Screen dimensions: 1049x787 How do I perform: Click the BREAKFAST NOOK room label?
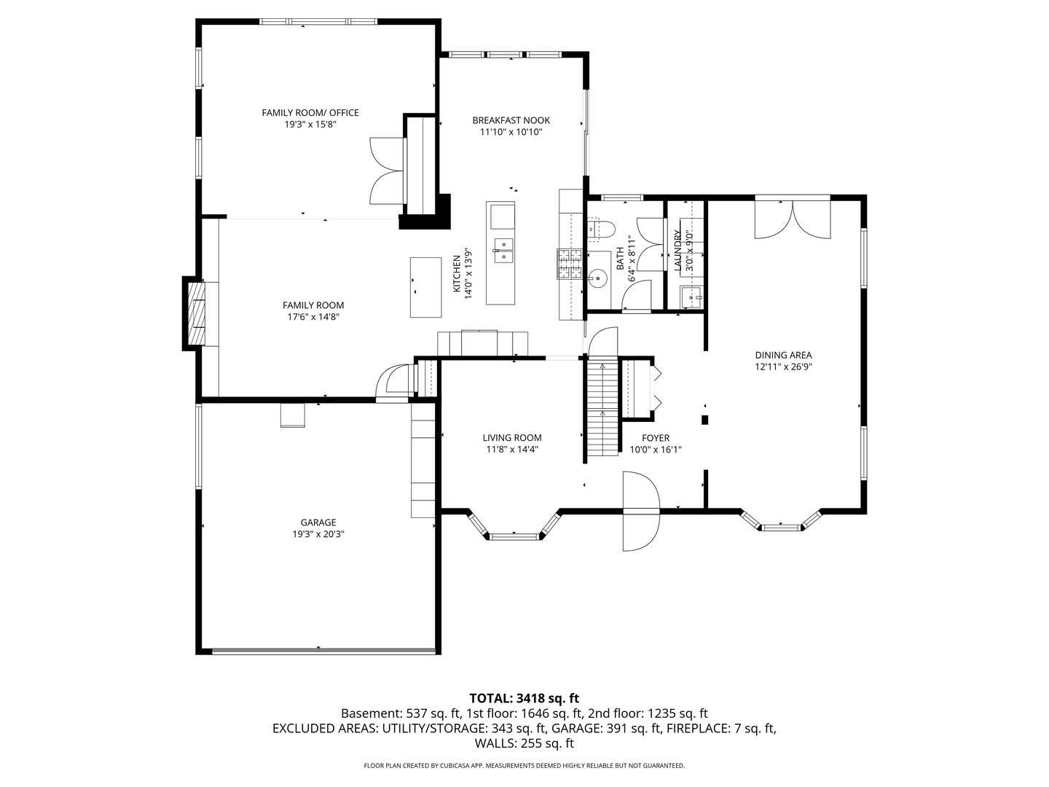tap(511, 120)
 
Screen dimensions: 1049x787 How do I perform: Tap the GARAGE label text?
tap(318, 522)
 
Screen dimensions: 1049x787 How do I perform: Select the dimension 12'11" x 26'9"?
tap(783, 367)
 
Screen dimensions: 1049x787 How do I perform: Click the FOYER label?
tap(656, 438)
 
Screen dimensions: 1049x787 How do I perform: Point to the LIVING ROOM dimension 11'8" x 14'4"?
tap(512, 449)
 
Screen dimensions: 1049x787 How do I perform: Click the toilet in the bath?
tap(600, 229)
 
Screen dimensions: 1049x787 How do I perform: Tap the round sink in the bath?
tap(597, 278)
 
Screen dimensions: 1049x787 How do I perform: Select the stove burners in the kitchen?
tap(570, 264)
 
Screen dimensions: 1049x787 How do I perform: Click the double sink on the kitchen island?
tap(503, 251)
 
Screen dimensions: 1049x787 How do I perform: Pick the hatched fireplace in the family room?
tap(196, 313)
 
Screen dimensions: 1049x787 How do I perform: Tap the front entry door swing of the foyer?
tap(641, 511)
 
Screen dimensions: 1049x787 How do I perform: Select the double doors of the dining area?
tap(793, 219)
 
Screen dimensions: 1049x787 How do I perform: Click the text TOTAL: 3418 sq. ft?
tap(524, 699)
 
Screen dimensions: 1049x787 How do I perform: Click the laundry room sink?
tap(691, 297)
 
